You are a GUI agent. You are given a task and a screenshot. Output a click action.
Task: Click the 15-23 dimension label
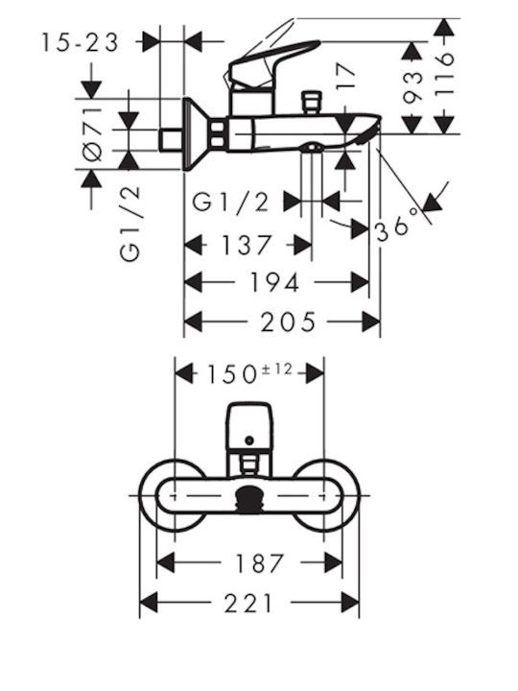click(x=81, y=43)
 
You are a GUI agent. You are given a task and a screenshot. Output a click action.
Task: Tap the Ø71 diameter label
click(x=93, y=133)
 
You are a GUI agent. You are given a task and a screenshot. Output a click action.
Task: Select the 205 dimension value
click(x=289, y=322)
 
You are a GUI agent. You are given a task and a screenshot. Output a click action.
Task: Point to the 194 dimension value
click(x=275, y=282)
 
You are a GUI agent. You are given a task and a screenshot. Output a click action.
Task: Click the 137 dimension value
click(x=247, y=245)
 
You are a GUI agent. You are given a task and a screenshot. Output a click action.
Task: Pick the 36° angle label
click(x=396, y=226)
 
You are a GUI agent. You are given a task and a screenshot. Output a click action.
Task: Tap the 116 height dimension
click(x=443, y=74)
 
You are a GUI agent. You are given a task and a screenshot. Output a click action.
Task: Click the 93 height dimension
click(x=412, y=87)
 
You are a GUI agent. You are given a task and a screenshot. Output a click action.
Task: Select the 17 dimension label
click(x=345, y=77)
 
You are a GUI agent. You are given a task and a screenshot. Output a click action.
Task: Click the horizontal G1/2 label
click(x=230, y=203)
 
